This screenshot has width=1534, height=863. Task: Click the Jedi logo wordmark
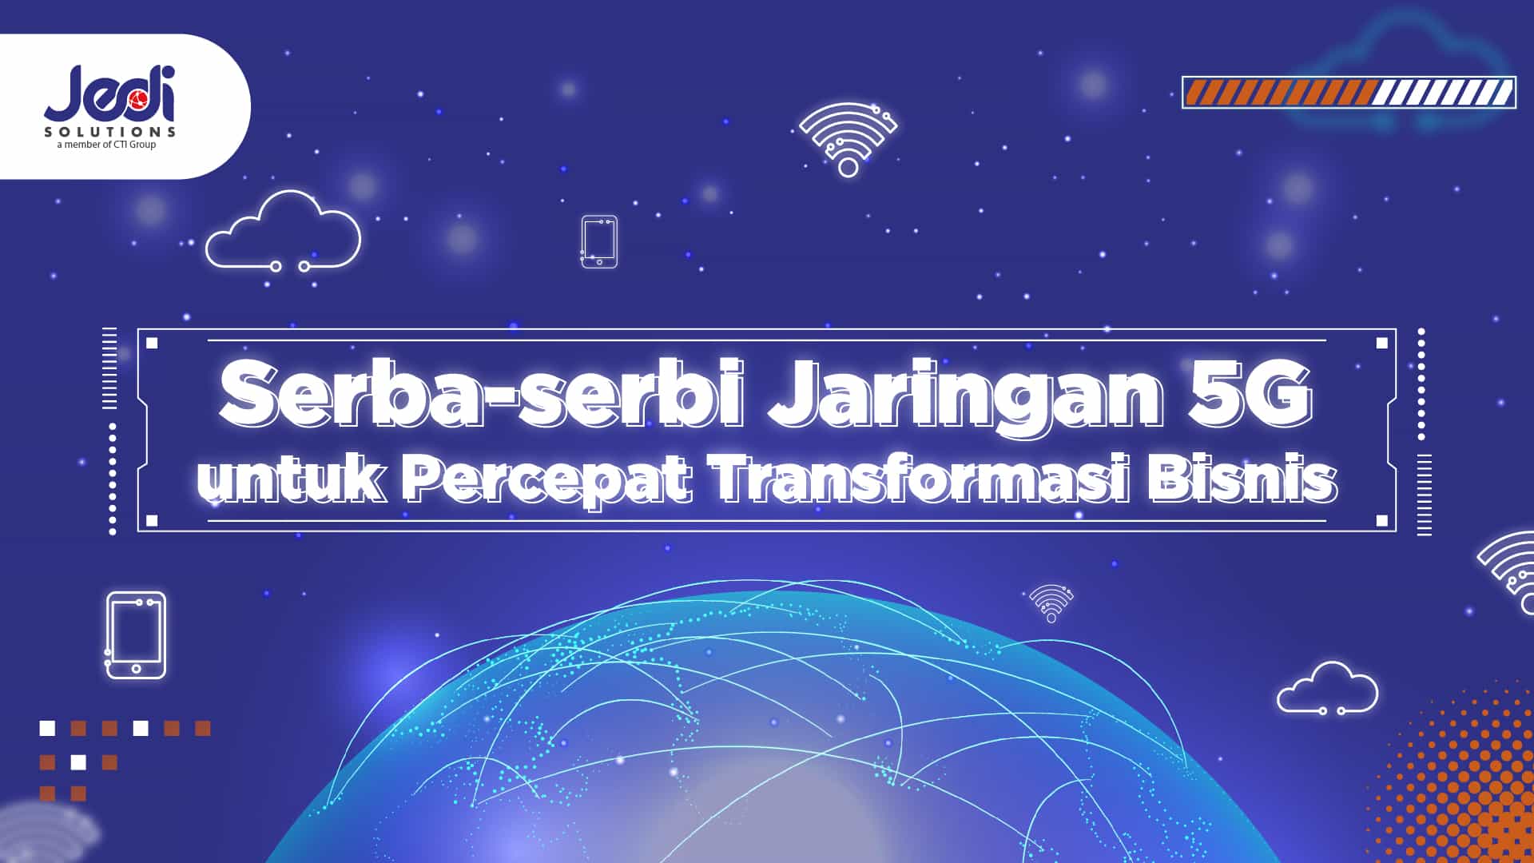[x=109, y=93]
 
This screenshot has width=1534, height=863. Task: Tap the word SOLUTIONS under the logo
[x=109, y=131]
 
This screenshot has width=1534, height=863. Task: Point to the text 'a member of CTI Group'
[x=106, y=145]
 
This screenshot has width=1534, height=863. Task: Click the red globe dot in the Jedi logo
[x=136, y=99]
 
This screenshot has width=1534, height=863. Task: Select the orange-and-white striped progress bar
[x=1348, y=93]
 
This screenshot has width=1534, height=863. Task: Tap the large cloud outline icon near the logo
[x=283, y=231]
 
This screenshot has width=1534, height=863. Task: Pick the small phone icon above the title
[x=599, y=241]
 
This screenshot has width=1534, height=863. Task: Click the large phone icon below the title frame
[x=136, y=635]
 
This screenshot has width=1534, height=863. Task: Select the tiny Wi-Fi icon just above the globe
[x=1051, y=603]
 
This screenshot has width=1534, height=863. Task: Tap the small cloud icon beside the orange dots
[x=1327, y=689]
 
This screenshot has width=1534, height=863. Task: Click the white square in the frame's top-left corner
[x=152, y=344]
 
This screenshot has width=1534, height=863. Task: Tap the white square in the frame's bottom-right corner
[x=1381, y=521]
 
